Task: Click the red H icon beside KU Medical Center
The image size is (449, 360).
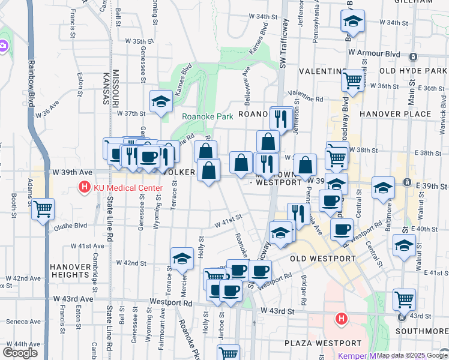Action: coord(85,188)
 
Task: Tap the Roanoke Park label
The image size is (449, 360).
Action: coord(207,117)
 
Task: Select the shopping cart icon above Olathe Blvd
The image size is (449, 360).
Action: coord(43,209)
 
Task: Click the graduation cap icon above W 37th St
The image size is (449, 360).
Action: coord(161,102)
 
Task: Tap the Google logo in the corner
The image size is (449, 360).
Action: coord(20,352)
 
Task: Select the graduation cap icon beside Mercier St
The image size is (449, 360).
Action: coord(182,259)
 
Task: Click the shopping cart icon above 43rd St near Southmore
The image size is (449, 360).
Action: coord(405,299)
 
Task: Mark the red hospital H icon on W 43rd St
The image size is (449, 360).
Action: coord(342,317)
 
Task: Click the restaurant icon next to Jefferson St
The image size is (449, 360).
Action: coord(281,118)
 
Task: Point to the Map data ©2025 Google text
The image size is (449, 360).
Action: coord(412,355)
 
